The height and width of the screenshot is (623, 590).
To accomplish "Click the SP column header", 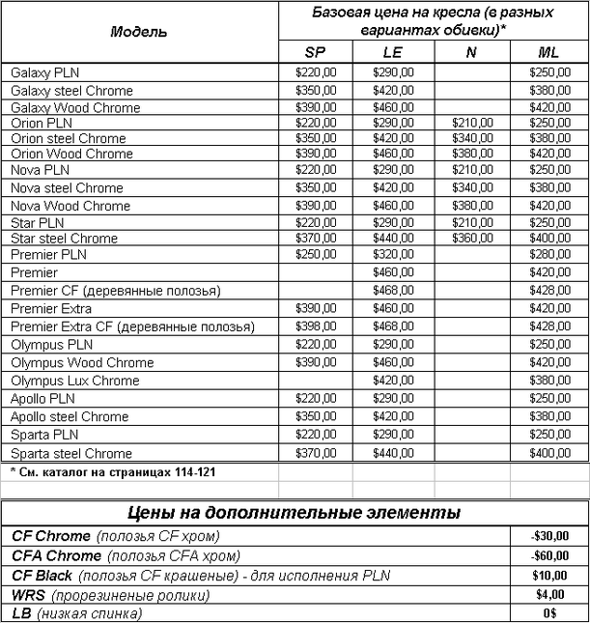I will pyautogui.click(x=316, y=52).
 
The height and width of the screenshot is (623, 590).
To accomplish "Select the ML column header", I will pyautogui.click(x=548, y=52).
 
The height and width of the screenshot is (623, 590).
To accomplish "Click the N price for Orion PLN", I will pyautogui.click(x=472, y=124).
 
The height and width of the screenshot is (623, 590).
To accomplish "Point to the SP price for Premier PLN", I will pyautogui.click(x=316, y=255).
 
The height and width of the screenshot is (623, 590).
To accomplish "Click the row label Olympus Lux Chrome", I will pyautogui.click(x=75, y=381).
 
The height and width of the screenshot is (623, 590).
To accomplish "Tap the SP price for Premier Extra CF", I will pyautogui.click(x=316, y=327).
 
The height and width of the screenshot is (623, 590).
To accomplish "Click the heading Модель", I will pyautogui.click(x=138, y=31).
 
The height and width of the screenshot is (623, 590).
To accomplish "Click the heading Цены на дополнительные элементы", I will pyautogui.click(x=295, y=512).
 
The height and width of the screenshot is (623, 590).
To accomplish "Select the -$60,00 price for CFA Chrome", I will pyautogui.click(x=548, y=556).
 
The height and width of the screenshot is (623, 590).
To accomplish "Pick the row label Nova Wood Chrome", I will pyautogui.click(x=70, y=206).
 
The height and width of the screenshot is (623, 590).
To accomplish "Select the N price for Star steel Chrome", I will pyautogui.click(x=472, y=239).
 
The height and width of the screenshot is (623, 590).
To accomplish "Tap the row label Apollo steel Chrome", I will pyautogui.click(x=70, y=417).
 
